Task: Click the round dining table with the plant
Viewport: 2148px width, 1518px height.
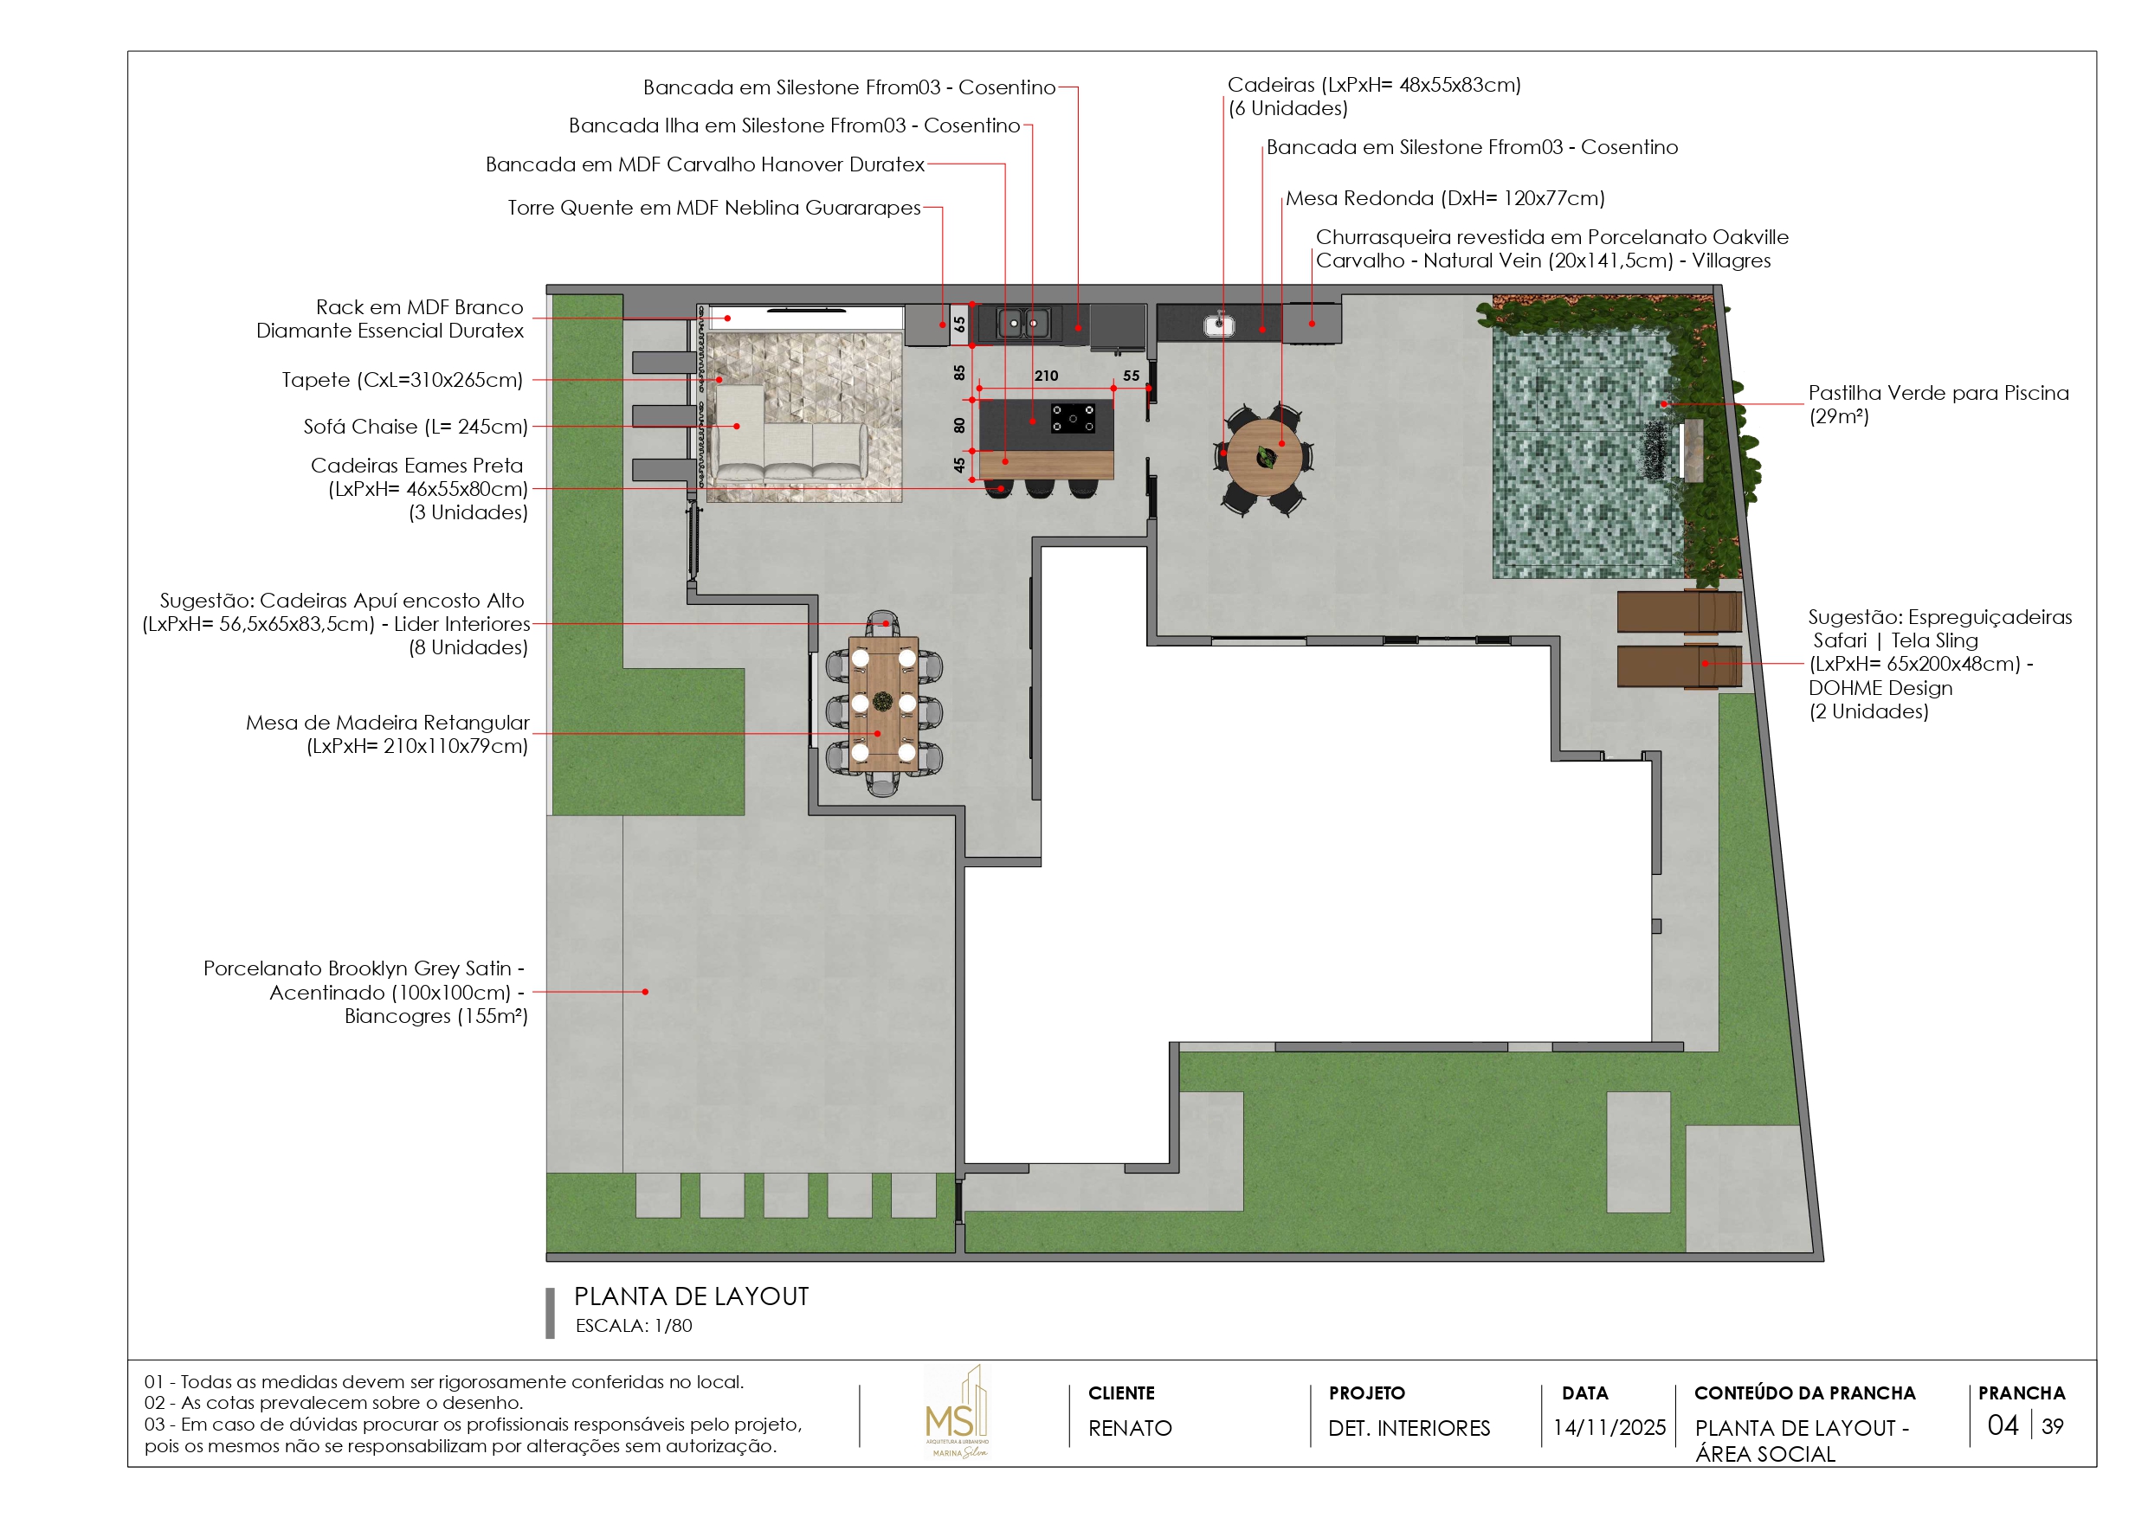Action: (1265, 457)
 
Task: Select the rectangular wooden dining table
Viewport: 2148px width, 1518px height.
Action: (883, 702)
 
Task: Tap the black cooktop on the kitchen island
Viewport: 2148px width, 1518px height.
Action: (1072, 417)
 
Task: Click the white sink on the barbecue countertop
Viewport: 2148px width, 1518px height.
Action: (1218, 325)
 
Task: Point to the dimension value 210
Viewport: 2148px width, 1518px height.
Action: (1046, 375)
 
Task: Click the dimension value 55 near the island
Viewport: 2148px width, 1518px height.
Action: (1131, 375)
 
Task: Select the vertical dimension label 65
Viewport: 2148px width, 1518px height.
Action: (959, 324)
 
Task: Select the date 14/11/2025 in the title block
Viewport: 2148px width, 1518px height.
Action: (1609, 1427)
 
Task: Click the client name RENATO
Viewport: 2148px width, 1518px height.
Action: (1129, 1427)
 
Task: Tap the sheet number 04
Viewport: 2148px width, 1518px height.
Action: (2002, 1425)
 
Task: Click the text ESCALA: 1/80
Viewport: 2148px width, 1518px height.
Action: (634, 1325)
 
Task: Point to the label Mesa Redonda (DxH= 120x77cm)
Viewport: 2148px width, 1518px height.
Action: (1444, 198)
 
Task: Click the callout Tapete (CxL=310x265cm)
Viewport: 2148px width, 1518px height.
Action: (403, 380)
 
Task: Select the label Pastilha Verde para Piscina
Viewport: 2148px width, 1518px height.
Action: (1938, 393)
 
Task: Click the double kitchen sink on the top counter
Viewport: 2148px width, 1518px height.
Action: (1022, 324)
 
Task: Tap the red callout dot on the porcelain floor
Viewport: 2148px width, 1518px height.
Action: (645, 992)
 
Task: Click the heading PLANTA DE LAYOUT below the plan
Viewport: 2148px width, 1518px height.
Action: (690, 1296)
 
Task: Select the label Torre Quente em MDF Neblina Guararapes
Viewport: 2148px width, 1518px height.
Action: (713, 208)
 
